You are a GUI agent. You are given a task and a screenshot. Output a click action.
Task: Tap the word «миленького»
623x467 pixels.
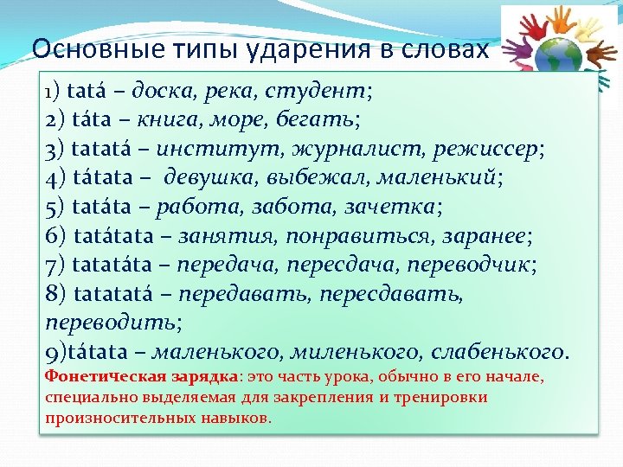[350, 353]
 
